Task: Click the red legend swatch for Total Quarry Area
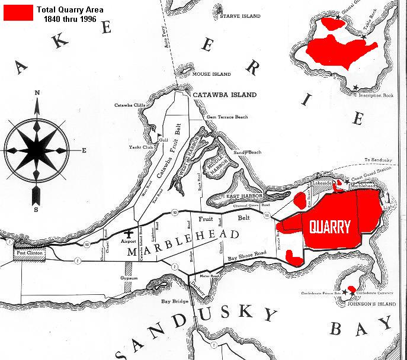18,13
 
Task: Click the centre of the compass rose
37,149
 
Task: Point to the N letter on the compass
37,93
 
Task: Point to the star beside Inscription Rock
355,88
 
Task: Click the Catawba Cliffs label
130,105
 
